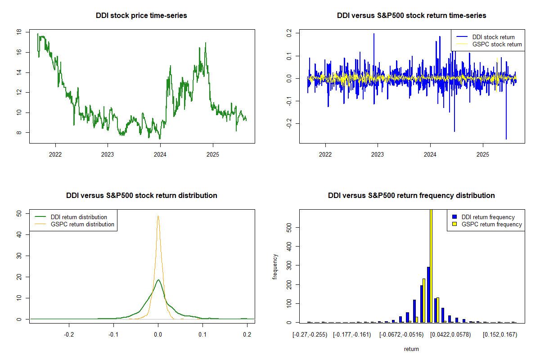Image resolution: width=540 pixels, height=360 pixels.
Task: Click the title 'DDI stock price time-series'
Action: point(141,16)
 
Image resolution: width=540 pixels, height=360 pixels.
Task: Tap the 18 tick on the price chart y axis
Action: point(18,32)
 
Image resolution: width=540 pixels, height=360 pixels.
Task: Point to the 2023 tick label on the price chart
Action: point(108,153)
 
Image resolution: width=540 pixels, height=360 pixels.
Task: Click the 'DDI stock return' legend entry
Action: point(493,37)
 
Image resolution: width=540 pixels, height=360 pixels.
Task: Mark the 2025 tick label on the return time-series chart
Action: point(483,153)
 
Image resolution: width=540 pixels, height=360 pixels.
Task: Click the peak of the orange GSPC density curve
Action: point(158,216)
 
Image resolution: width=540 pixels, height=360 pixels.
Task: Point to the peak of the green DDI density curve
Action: point(158,280)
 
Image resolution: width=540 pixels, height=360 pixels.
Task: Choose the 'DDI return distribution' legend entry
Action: point(79,217)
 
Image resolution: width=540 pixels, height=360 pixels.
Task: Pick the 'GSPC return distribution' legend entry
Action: point(82,224)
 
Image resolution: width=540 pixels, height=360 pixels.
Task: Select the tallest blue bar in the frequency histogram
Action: point(428,295)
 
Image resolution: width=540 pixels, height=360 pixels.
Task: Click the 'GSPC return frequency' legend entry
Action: point(491,224)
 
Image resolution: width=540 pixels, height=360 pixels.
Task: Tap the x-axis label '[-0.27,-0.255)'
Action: point(310,335)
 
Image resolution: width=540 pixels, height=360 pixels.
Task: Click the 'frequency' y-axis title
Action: point(275,267)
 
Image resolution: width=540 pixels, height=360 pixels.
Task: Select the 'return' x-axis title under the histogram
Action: point(411,349)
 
